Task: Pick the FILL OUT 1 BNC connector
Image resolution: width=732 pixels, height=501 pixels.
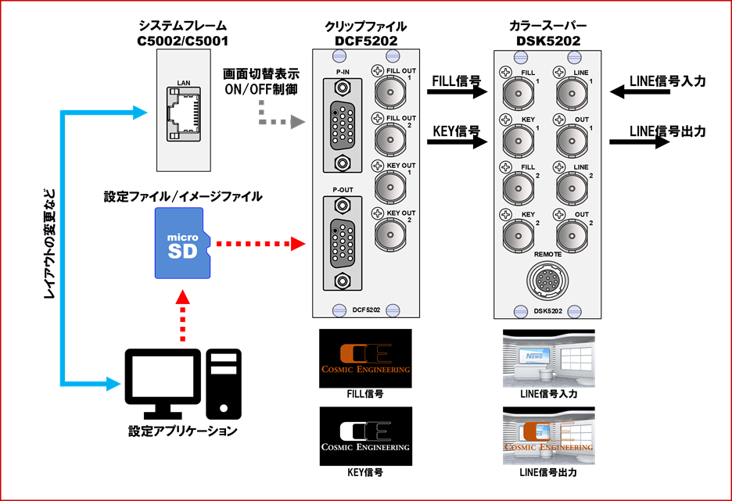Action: pyautogui.click(x=389, y=95)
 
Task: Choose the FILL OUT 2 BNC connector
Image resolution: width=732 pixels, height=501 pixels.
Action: pyautogui.click(x=389, y=141)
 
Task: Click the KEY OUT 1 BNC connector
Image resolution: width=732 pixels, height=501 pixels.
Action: pyautogui.click(x=389, y=188)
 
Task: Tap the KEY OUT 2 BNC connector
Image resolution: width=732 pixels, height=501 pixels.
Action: pyautogui.click(x=389, y=234)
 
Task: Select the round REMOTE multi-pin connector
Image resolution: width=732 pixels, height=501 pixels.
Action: pyautogui.click(x=547, y=281)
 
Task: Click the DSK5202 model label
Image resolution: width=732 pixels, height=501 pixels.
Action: pyautogui.click(x=547, y=310)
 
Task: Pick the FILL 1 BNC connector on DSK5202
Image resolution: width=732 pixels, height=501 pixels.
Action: pyautogui.click(x=517, y=96)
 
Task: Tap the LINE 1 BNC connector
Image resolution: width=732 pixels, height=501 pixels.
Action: pyautogui.click(x=572, y=96)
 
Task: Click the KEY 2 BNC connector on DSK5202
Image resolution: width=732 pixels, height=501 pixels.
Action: pyautogui.click(x=517, y=235)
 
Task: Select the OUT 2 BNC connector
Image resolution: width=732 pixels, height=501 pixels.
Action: pyautogui.click(x=572, y=235)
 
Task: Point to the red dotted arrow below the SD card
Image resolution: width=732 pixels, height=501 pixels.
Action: pyautogui.click(x=182, y=317)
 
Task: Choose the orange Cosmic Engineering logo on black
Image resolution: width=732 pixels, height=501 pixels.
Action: pyautogui.click(x=366, y=359)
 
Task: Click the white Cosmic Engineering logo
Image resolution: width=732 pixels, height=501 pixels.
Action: pyautogui.click(x=366, y=436)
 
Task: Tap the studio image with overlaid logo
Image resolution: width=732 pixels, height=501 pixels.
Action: pyautogui.click(x=548, y=438)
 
